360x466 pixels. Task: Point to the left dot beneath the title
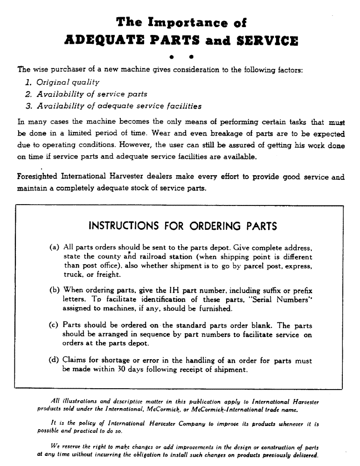[172, 58]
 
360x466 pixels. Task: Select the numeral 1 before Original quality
[28, 82]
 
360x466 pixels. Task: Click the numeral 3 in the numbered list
[28, 106]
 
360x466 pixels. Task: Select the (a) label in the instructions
[54, 247]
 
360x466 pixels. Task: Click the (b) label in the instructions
[54, 291]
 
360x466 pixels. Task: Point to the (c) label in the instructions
[54, 326]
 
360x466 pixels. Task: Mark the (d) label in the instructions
[54, 361]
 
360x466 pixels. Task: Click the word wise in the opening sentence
[42, 70]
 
